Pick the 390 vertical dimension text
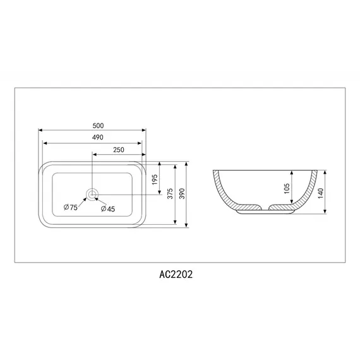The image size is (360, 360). click(183, 195)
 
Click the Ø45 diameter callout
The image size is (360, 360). click(107, 208)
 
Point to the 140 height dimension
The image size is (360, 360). click(320, 193)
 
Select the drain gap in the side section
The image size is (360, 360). click(265, 208)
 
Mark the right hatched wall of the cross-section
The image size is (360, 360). click(308, 189)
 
